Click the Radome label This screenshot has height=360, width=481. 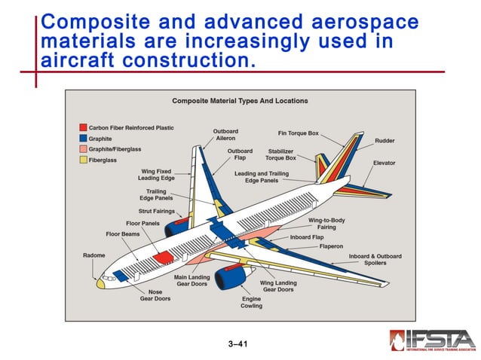[93, 255]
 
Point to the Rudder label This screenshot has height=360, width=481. [384, 141]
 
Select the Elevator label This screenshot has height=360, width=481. [384, 163]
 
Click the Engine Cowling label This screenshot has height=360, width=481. [251, 302]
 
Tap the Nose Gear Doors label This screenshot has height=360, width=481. [155, 294]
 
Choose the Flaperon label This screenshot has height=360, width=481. [332, 246]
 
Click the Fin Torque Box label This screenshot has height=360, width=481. [298, 133]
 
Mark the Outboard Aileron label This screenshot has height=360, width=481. [225, 135]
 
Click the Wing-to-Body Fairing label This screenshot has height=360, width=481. [326, 224]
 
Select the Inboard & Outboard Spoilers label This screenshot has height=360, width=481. [375, 259]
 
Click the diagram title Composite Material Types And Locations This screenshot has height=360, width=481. [240, 101]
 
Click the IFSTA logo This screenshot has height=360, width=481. [432, 341]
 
